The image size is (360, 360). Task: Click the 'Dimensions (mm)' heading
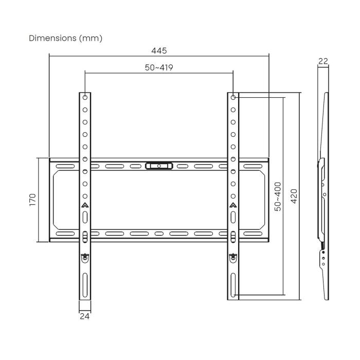click(65, 38)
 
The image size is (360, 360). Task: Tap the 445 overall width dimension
click(159, 50)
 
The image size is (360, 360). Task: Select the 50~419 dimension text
click(158, 67)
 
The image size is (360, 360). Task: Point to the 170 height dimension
click(32, 200)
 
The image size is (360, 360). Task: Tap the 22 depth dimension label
click(323, 61)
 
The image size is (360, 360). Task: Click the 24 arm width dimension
click(85, 317)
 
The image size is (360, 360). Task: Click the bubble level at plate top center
click(159, 166)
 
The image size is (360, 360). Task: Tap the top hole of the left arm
click(85, 97)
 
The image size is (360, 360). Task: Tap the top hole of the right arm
click(233, 97)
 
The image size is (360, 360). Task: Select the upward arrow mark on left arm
click(85, 206)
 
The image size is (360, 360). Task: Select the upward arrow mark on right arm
click(233, 206)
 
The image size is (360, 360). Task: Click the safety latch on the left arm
click(85, 257)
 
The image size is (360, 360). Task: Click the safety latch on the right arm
click(233, 257)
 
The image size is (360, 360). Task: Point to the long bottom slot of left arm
click(85, 284)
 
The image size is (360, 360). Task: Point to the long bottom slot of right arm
click(233, 284)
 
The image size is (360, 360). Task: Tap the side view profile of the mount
click(323, 195)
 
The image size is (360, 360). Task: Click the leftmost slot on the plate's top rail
click(64, 166)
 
